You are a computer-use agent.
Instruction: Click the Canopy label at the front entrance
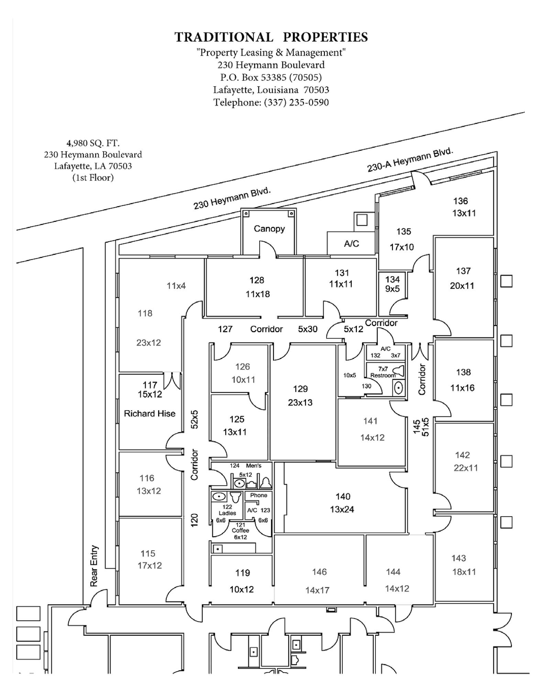tap(269, 229)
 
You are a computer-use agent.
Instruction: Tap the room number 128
tap(257, 280)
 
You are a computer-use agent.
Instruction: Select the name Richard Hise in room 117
tap(150, 414)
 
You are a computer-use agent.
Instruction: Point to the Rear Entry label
tap(94, 566)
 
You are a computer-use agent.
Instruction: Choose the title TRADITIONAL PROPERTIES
tap(271, 37)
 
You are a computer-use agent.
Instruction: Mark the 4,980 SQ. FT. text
tap(93, 143)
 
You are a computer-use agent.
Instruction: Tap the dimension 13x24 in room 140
tap(342, 509)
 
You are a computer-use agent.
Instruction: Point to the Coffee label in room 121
tap(240, 530)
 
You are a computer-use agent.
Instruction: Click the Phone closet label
tap(259, 495)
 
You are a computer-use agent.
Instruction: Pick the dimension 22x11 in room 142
tap(466, 468)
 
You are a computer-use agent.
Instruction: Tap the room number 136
tap(460, 201)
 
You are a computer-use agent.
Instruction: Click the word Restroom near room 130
tap(383, 375)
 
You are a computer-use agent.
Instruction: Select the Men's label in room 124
tap(254, 466)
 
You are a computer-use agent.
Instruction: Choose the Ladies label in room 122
tap(227, 513)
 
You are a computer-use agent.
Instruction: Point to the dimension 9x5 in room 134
tap(392, 289)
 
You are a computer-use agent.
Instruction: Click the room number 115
tap(148, 553)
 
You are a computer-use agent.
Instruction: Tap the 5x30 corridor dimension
tap(307, 329)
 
